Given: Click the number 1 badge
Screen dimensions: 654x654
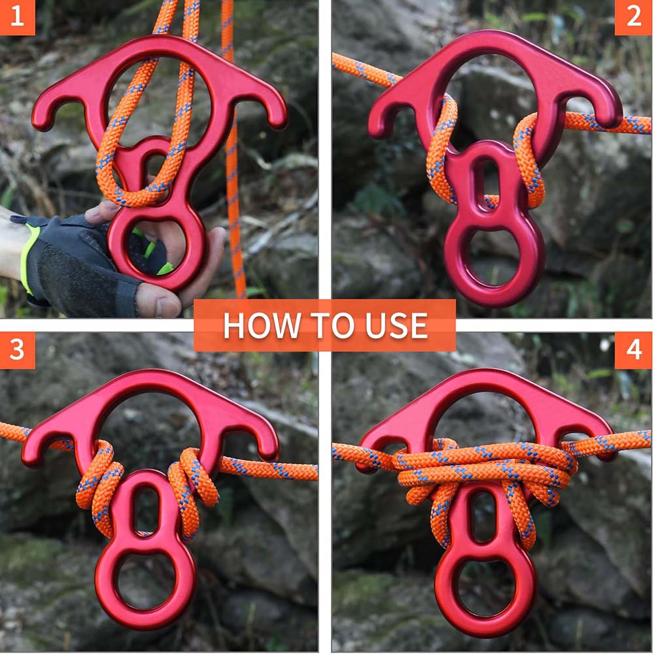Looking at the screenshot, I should [16, 17].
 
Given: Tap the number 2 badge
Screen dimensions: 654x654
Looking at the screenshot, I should [634, 17].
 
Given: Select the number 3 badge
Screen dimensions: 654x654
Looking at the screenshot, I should [16, 350].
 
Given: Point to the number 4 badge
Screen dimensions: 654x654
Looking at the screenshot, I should [634, 350].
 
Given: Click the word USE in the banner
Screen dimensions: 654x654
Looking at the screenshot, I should [398, 326].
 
